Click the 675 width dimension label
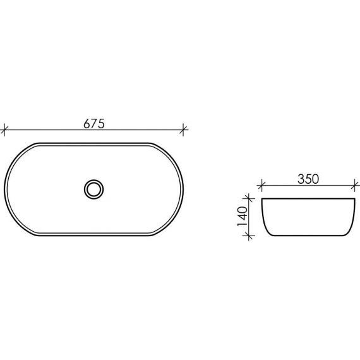[94, 124]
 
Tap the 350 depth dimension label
[308, 179]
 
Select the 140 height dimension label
[243, 216]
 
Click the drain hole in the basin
[93, 189]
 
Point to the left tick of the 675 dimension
[4, 129]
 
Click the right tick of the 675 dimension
[183, 129]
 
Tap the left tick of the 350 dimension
[260, 185]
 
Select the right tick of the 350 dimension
[355, 185]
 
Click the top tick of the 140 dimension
[249, 198]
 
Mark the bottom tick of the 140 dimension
[249, 236]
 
